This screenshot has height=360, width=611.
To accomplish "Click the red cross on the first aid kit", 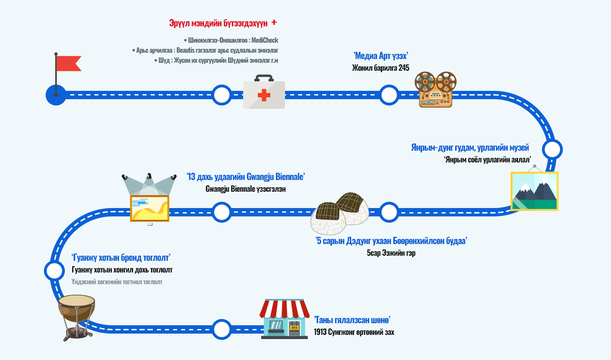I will [264, 95].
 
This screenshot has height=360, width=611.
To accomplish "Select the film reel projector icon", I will [436, 90].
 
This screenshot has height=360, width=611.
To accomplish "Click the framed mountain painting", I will [534, 191].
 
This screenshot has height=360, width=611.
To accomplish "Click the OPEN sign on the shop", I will [295, 328].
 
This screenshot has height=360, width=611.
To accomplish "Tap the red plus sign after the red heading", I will [274, 22].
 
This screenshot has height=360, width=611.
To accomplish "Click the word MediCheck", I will [265, 40].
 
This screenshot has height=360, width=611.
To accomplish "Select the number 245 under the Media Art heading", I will [403, 68].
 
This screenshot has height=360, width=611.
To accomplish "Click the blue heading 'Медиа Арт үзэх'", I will [380, 56].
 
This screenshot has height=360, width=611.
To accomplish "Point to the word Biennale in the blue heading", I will [290, 177].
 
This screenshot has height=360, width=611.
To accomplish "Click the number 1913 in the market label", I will [320, 332].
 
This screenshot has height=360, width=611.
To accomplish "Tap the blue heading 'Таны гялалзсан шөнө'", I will [352, 320].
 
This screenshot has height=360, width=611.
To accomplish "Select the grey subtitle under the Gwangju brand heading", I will [117, 282].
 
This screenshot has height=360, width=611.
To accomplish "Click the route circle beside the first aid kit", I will [222, 95].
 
